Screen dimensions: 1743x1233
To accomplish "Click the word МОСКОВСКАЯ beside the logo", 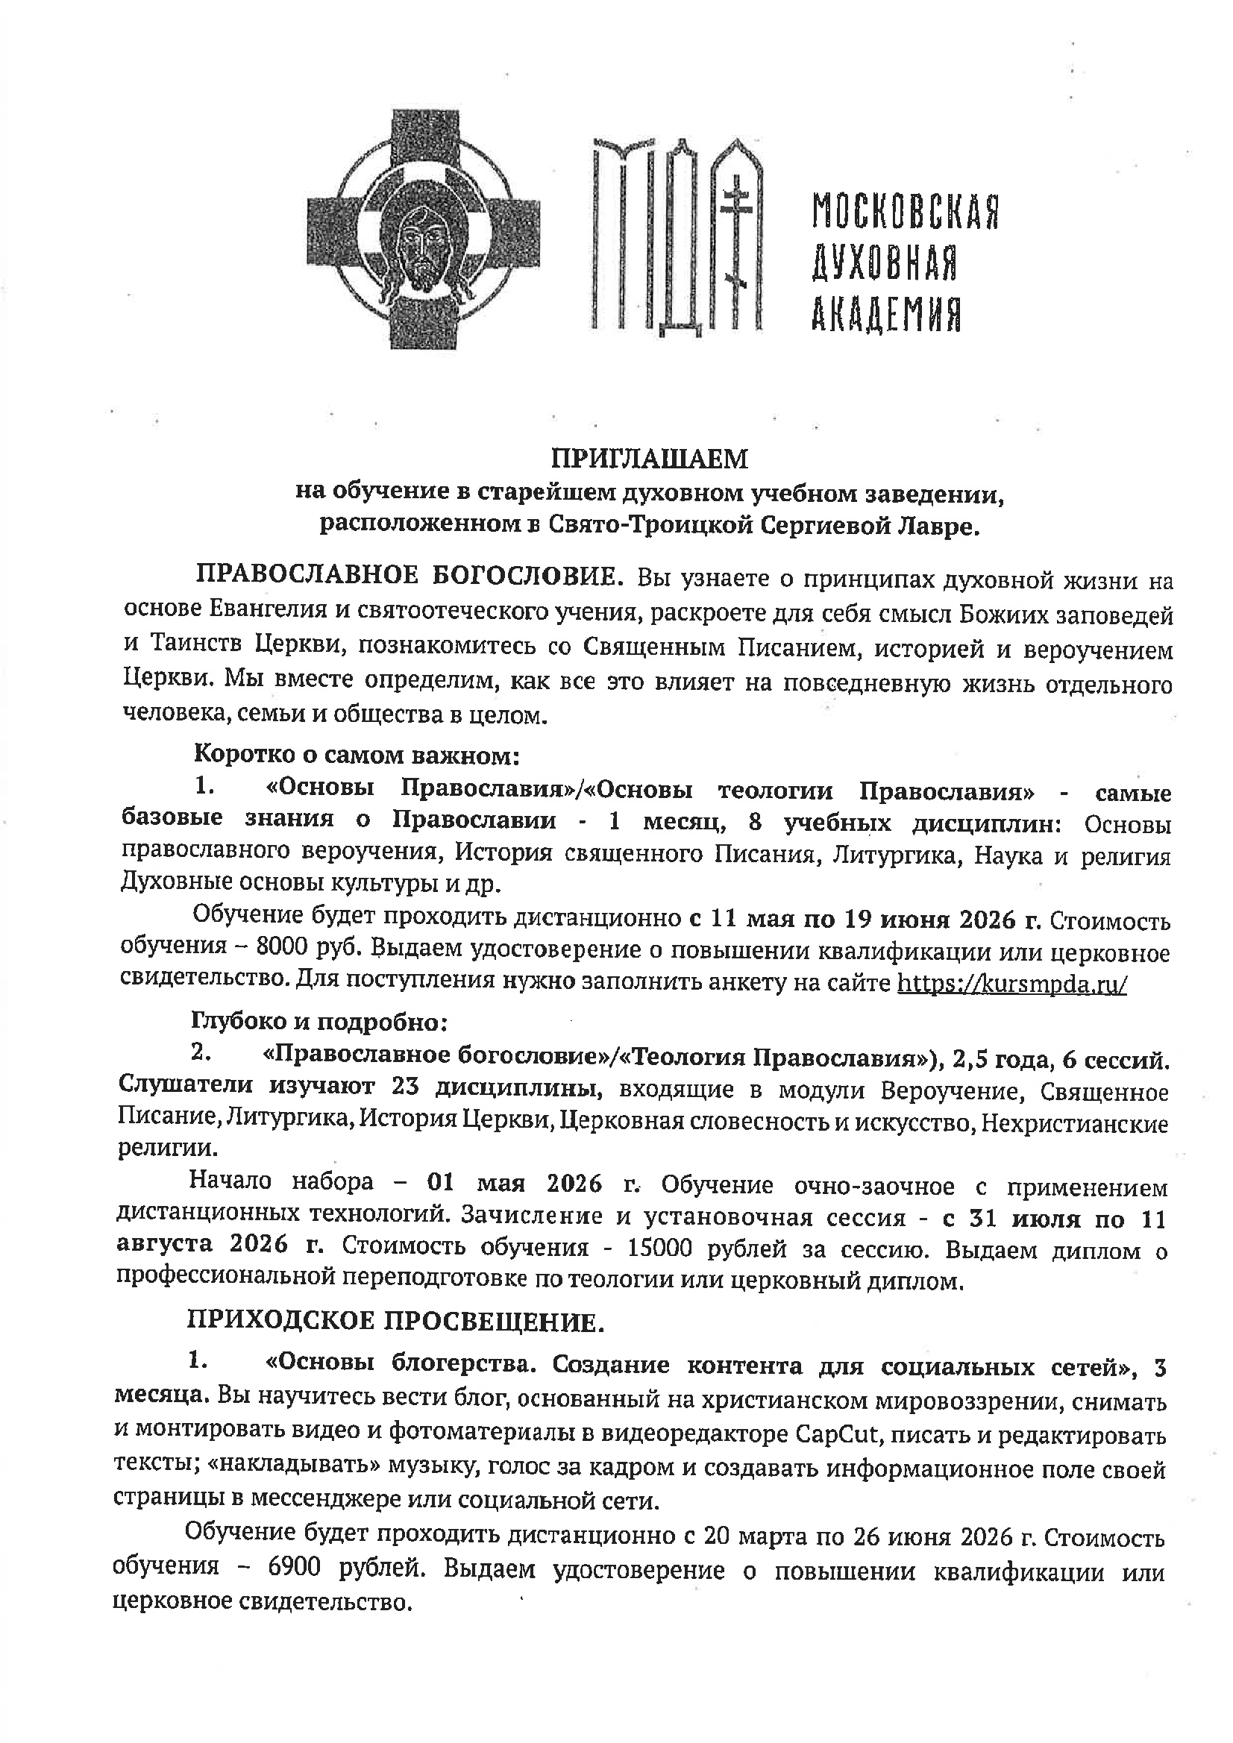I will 904,211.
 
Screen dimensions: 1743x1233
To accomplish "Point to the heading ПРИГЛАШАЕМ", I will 649,459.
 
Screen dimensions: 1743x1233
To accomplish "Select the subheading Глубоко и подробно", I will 321,1022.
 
